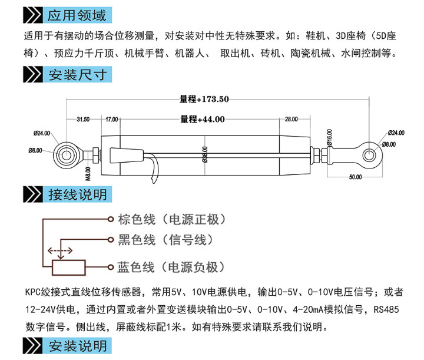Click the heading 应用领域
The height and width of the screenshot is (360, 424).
pos(77,15)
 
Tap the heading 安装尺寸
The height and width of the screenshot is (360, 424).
pos(78,75)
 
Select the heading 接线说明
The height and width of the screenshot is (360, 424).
pos(78,194)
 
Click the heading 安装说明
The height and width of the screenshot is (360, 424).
pos(78,346)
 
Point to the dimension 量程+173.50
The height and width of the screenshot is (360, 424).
pos(204,99)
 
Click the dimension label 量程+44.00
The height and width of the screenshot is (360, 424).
pos(203,119)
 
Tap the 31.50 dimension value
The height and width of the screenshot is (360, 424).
pos(83,119)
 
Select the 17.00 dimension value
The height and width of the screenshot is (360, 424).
pos(111,119)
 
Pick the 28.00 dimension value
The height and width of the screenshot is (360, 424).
pos(291,119)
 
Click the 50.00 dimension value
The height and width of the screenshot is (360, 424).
pos(355,177)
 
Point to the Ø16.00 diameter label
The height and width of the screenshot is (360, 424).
pos(329,137)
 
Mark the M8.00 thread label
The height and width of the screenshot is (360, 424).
pos(88,174)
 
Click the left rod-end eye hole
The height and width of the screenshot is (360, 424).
pos(66,155)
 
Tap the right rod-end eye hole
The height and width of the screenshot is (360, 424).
pos(369,156)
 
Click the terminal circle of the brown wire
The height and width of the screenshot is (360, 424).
pos(110,219)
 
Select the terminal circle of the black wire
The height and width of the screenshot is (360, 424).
pos(110,240)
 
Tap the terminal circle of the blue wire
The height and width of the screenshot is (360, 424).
pos(110,267)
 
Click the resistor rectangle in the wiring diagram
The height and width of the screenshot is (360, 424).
pos(69,267)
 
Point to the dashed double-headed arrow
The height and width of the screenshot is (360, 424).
pos(60,251)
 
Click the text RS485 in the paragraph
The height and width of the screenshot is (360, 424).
pos(386,309)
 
